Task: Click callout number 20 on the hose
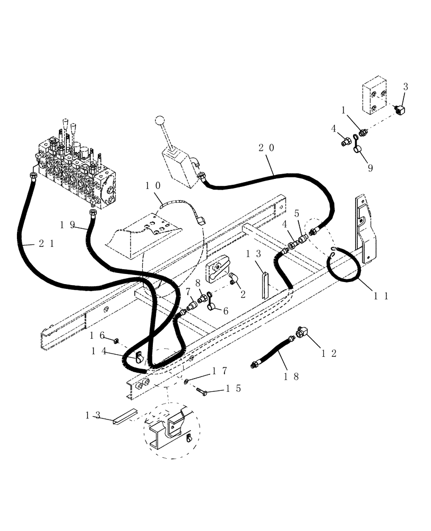[x=267, y=149]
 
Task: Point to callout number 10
[x=153, y=186]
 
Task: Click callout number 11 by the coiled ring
[x=382, y=296]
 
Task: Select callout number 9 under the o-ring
[x=370, y=168]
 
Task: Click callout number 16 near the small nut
[x=97, y=335]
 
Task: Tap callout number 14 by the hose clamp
[x=99, y=351]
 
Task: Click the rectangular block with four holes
[x=377, y=98]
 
